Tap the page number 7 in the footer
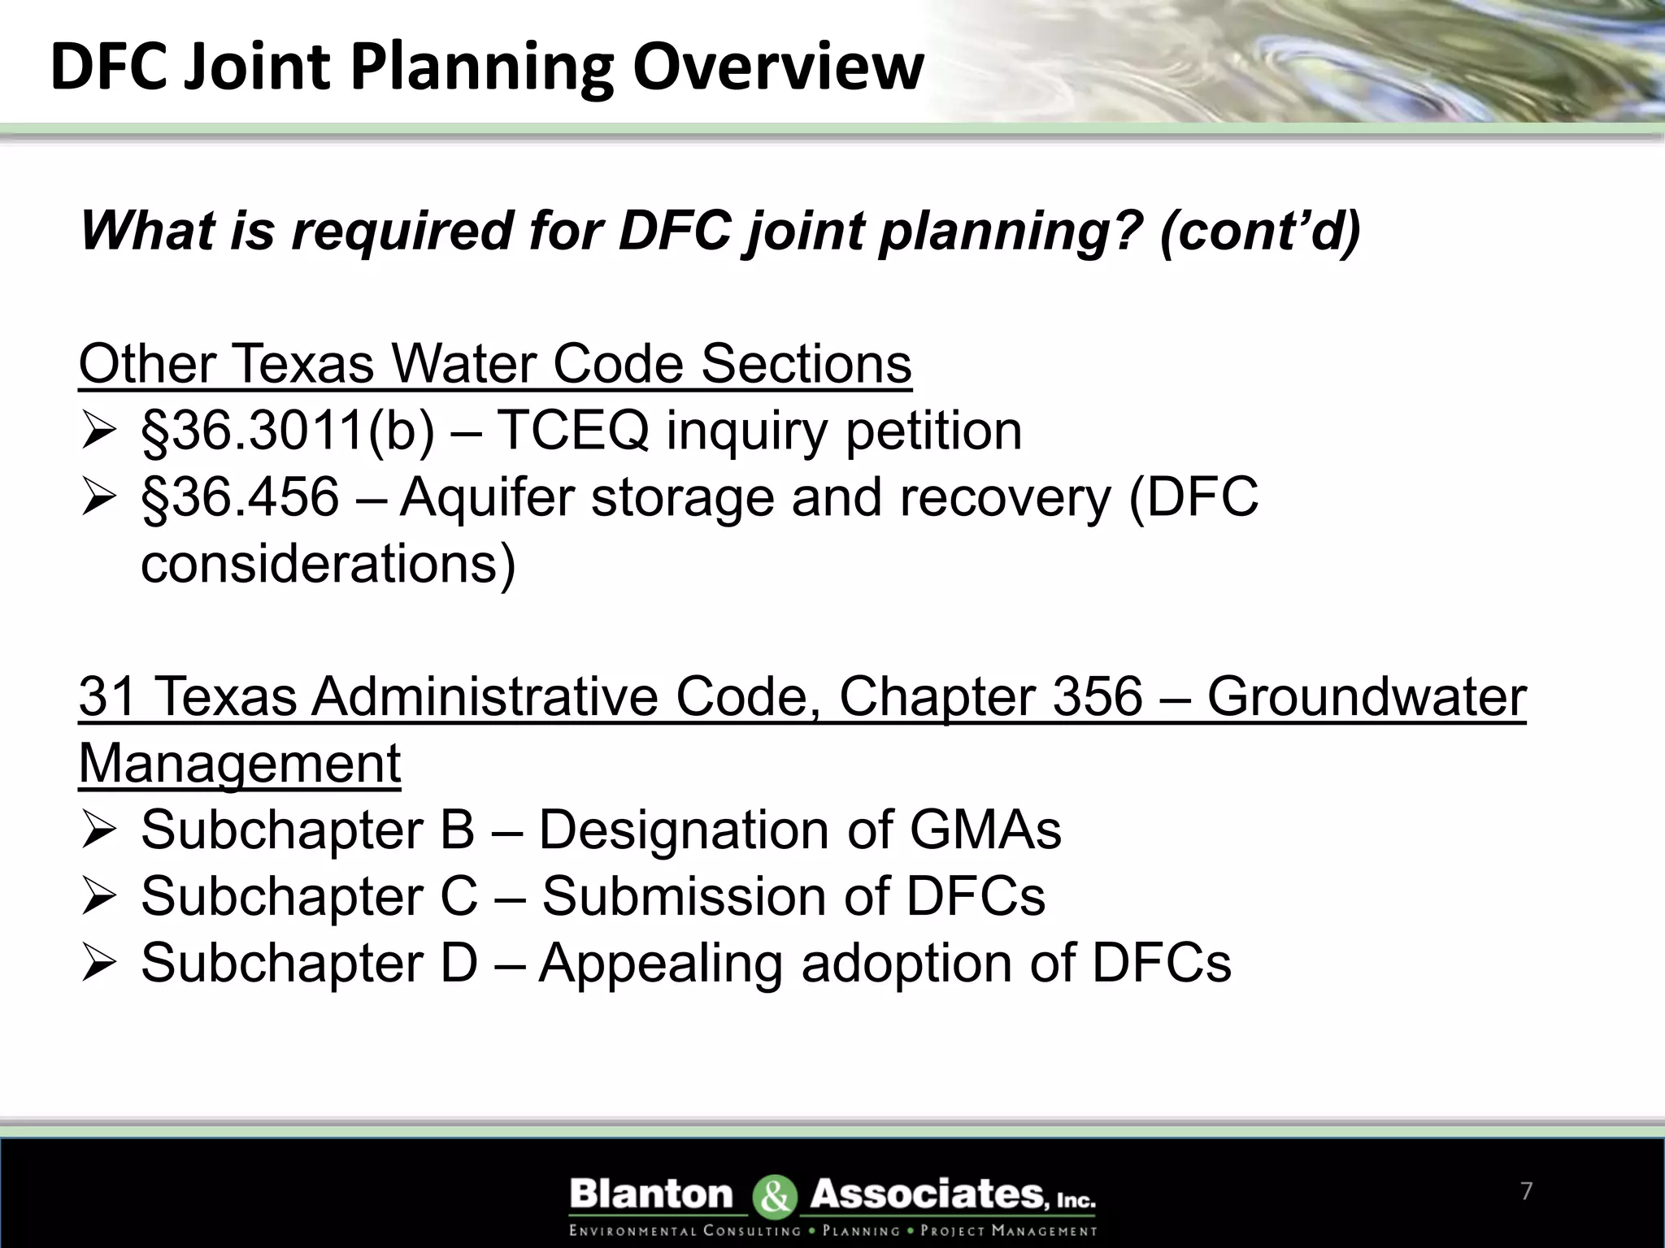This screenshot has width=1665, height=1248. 1526,1191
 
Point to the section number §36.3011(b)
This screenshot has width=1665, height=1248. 288,431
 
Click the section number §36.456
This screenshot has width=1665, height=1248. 240,497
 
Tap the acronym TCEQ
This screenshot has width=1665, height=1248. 572,431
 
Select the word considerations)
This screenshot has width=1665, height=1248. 328,564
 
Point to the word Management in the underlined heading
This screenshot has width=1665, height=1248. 240,764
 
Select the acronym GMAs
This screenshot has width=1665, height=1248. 985,830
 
